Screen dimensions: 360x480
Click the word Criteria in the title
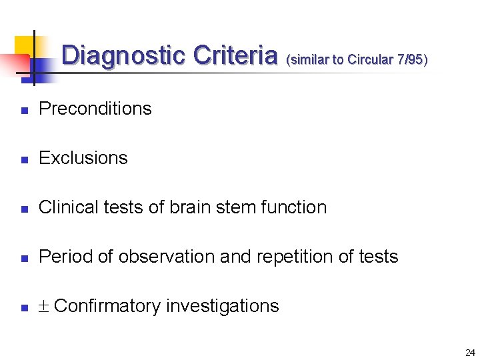[235, 55]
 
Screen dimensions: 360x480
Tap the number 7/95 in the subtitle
[409, 59]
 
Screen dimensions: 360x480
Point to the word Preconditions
[95, 109]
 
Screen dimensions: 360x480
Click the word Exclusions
[83, 158]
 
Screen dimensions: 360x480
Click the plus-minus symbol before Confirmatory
[44, 307]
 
